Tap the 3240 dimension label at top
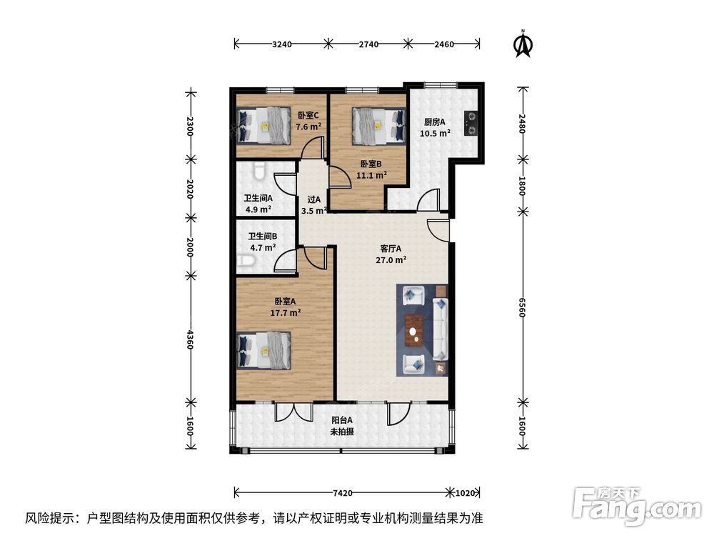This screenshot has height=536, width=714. click(x=282, y=44)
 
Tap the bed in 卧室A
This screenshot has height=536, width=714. click(x=263, y=349)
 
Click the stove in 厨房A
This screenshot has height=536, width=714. click(x=471, y=122)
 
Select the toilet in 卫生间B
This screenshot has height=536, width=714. click(x=247, y=263)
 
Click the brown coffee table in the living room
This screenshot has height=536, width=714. click(x=413, y=330)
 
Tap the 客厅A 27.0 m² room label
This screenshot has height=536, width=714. click(x=391, y=254)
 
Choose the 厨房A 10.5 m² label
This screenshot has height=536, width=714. click(x=434, y=127)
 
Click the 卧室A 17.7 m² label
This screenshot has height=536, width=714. click(x=285, y=307)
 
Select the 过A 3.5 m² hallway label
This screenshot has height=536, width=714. click(x=313, y=205)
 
